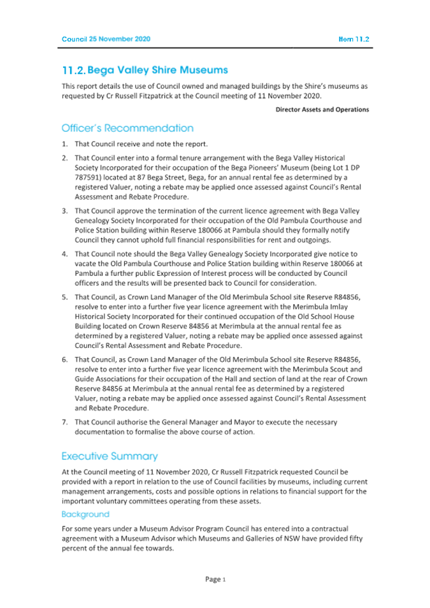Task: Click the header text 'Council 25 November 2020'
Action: [106, 39]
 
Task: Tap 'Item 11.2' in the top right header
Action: [354, 39]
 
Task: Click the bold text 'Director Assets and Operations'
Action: [322, 110]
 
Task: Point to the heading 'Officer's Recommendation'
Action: [127, 128]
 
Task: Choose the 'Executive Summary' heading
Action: [110, 456]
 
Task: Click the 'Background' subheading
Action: [85, 514]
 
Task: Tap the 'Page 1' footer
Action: [215, 579]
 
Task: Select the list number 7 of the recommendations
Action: [64, 422]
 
